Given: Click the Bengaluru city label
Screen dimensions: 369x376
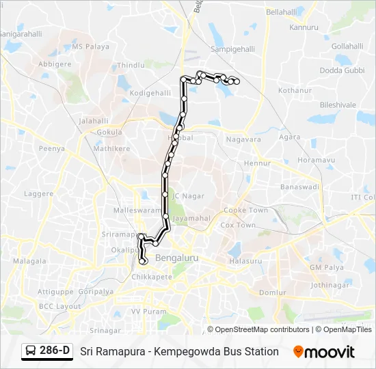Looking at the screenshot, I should click(x=176, y=258).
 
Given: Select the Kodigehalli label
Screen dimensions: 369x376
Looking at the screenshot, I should click(x=148, y=92).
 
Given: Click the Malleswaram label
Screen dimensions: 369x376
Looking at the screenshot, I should click(x=136, y=211).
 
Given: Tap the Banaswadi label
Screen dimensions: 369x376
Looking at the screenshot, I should click(x=300, y=187).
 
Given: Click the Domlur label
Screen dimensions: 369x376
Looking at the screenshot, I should click(x=272, y=292).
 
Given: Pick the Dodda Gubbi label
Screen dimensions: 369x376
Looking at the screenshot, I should click(x=342, y=70).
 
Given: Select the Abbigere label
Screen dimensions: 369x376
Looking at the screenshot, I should click(x=55, y=64).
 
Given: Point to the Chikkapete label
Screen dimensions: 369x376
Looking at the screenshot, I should click(x=152, y=277).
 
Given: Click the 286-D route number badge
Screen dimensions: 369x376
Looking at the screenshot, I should click(x=55, y=351).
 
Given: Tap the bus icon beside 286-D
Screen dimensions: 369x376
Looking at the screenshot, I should click(x=31, y=351).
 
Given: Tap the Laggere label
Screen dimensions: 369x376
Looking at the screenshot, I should click(x=39, y=194).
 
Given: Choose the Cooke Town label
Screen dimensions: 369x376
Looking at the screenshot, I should click(x=246, y=210).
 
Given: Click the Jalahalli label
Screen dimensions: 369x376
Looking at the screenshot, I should click(x=94, y=120).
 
